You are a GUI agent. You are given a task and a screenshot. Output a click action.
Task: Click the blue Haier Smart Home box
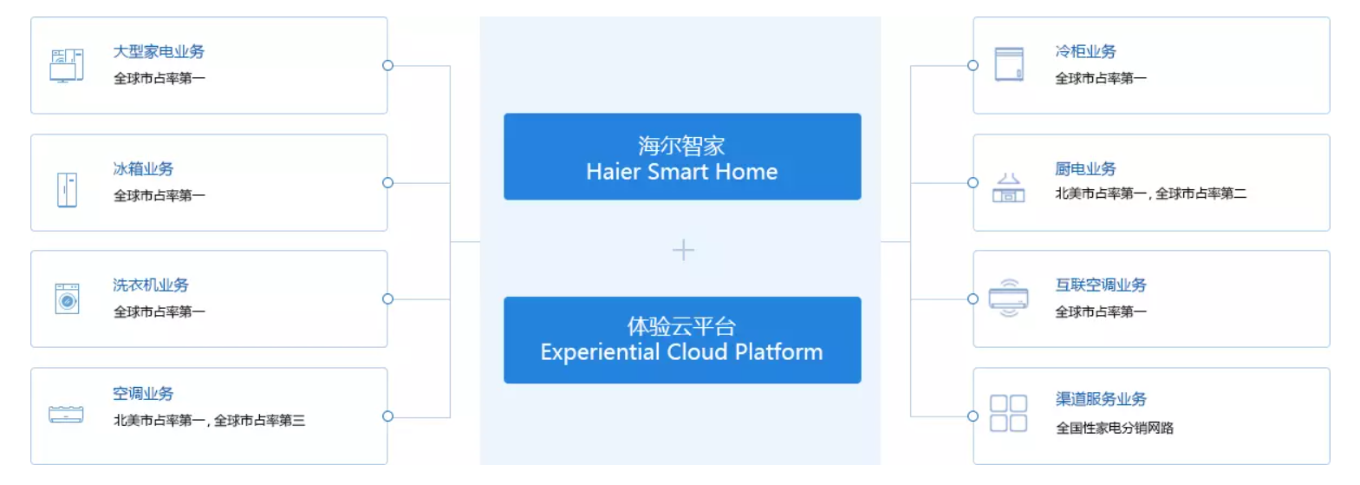tap(682, 156)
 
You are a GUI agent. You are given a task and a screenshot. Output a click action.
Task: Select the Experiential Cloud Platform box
tap(682, 340)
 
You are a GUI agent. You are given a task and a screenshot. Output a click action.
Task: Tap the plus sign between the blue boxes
tap(683, 250)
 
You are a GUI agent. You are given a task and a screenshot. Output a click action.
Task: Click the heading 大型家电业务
tap(159, 52)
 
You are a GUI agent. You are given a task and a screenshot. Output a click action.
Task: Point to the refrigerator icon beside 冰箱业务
tap(67, 190)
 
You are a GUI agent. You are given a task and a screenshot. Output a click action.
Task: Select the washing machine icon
tap(67, 298)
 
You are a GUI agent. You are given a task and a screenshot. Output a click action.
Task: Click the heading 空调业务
tap(143, 394)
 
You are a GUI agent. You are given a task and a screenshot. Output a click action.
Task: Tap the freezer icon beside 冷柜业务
tap(1009, 64)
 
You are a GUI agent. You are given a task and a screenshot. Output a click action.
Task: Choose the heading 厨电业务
tap(1085, 168)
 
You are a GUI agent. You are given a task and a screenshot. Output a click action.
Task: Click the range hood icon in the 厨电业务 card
tap(1008, 187)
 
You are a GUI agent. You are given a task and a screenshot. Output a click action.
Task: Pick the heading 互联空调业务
tap(1101, 285)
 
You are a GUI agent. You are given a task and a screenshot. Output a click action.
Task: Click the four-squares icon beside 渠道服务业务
tap(1008, 413)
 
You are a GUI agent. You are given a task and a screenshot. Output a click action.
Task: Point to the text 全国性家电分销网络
tap(1115, 428)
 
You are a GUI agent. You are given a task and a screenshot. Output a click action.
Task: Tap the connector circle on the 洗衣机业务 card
tap(388, 299)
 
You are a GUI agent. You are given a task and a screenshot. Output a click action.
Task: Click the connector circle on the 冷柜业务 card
tap(973, 66)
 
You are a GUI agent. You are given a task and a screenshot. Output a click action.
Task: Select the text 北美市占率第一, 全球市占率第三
tap(210, 421)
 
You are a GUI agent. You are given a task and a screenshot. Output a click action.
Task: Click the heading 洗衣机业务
tap(151, 285)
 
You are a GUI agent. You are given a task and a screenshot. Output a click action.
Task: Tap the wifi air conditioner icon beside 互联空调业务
tap(1008, 298)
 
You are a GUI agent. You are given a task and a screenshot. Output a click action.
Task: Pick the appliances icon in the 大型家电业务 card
tap(67, 65)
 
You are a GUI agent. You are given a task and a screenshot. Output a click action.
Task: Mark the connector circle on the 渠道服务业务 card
tap(973, 416)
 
